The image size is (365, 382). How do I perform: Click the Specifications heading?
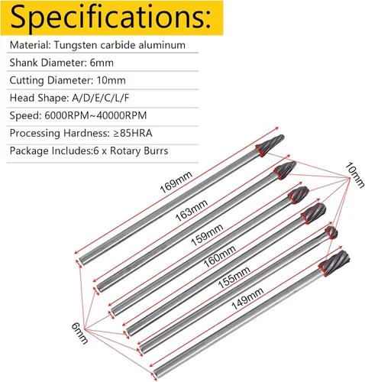[x=111, y=18]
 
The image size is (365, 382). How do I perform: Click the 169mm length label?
[x=176, y=183]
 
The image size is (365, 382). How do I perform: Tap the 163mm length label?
[x=192, y=210]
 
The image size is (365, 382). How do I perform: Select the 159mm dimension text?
[x=207, y=235]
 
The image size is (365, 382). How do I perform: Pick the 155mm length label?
[x=234, y=277]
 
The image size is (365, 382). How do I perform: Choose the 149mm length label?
[x=247, y=299]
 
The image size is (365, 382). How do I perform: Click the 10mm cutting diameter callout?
[x=354, y=175]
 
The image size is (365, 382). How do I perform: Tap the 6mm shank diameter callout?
[x=79, y=333]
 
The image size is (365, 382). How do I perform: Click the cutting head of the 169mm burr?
[x=270, y=145]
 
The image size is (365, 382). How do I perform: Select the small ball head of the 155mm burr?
[x=331, y=232]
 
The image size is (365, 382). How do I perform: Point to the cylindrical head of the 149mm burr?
[x=334, y=264]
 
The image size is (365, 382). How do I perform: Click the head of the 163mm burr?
[x=285, y=170]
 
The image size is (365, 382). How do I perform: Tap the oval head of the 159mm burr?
[x=299, y=195]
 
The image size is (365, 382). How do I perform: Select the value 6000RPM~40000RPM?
[x=95, y=115]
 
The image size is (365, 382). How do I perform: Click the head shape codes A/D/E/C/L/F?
[x=101, y=98]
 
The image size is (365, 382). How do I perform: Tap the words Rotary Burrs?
[x=139, y=151]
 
